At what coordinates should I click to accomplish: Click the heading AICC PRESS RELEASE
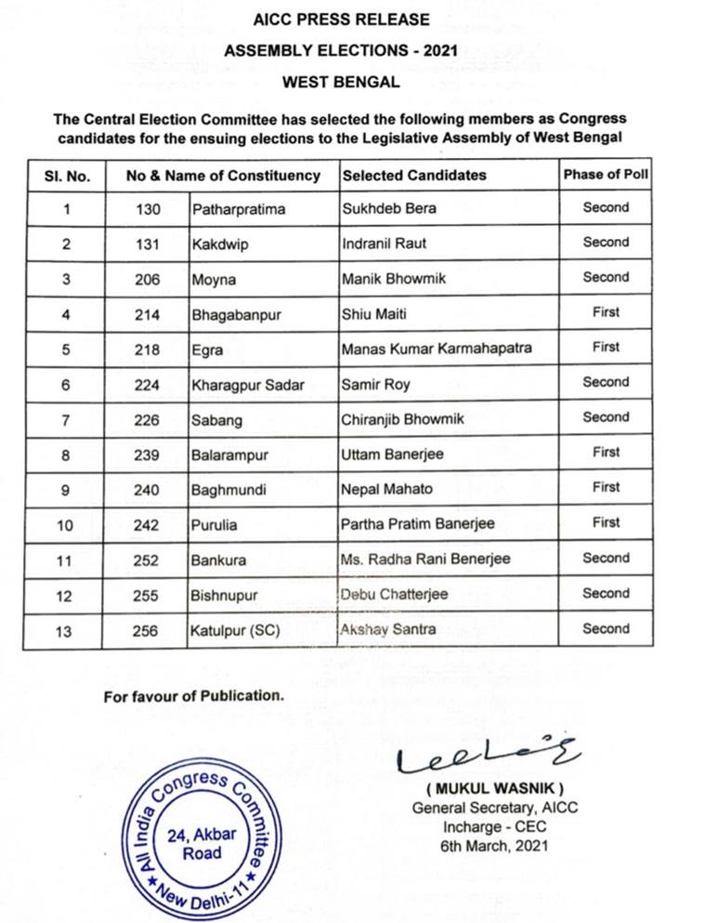[x=341, y=19]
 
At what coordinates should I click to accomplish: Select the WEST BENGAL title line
[x=341, y=82]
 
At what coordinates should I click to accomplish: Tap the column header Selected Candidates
[x=414, y=175]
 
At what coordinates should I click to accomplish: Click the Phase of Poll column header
[x=606, y=174]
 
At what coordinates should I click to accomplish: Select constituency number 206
[x=147, y=279]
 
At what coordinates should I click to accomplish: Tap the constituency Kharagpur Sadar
[x=247, y=384]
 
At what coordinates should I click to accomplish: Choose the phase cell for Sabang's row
[x=606, y=417]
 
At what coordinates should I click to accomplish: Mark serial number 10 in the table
[x=66, y=524]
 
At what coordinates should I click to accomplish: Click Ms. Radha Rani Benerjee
[x=425, y=559]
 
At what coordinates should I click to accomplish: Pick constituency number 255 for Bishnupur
[x=147, y=594]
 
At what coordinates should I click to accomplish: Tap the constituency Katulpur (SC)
[x=236, y=629]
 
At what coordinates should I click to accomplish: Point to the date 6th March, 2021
[x=494, y=845]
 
